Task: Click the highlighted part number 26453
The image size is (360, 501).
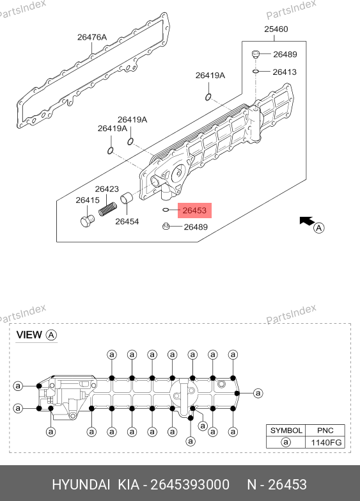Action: tap(194, 211)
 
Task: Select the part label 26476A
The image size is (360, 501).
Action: tap(92, 37)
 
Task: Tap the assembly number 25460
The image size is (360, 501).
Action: tap(276, 29)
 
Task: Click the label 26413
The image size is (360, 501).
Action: tap(285, 72)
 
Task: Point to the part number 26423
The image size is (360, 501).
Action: tap(107, 189)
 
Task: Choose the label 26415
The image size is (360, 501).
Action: tap(88, 200)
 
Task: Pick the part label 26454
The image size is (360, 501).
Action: tap(127, 221)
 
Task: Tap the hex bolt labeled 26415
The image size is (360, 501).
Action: tap(87, 221)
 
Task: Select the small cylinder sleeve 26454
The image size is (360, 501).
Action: tap(127, 198)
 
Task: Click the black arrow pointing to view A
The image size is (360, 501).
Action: tap(307, 221)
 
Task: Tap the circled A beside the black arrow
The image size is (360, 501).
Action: tap(319, 228)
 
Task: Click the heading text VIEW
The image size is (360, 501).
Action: tap(29, 335)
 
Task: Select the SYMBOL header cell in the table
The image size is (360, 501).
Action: tap(286, 430)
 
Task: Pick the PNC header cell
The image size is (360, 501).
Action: tap(325, 430)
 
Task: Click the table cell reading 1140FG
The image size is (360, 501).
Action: tap(325, 442)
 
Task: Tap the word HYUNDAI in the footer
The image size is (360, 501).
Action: tap(81, 485)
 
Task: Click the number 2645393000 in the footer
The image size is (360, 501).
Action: tap(190, 485)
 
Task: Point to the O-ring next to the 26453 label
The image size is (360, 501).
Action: tap(166, 210)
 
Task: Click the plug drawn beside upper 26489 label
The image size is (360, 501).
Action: tap(255, 54)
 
